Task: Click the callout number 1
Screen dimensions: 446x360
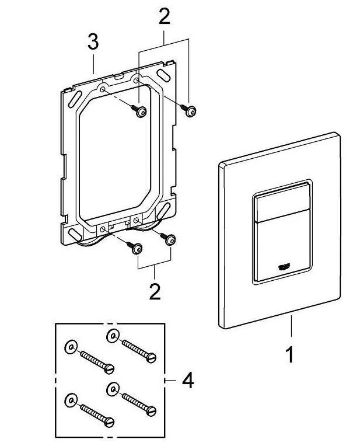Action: click(290, 354)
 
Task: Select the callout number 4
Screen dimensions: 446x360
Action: click(187, 381)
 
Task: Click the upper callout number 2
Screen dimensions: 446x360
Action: click(165, 16)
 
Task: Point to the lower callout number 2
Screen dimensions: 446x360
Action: click(155, 291)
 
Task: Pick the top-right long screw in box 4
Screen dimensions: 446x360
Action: click(138, 348)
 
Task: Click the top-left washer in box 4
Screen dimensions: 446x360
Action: click(69, 347)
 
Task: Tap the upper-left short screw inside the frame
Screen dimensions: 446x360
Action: click(139, 111)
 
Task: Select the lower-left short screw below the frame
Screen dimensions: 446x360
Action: click(135, 248)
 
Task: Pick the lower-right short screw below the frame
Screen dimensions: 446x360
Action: click(170, 238)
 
